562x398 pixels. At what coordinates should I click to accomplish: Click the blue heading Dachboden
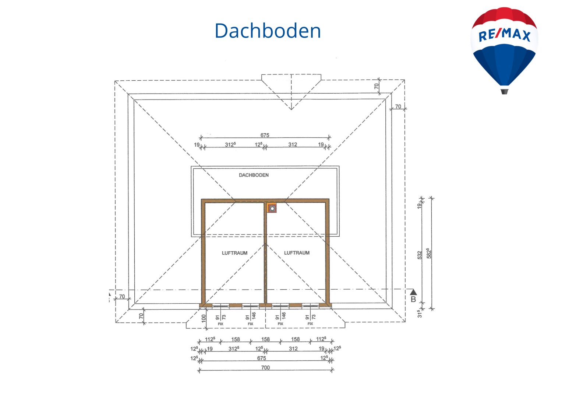pos(268,31)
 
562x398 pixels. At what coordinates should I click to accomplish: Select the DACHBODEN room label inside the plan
pos(254,175)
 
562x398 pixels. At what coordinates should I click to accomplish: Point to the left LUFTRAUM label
pos(234,253)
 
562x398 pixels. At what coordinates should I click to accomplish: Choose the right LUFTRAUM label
pos(297,253)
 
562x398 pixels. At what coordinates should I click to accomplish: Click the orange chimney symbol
pos(272,208)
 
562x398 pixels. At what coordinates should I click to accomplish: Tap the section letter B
pos(413,299)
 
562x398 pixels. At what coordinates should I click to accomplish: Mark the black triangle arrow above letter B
pos(413,292)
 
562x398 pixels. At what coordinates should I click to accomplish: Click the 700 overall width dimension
pos(265,368)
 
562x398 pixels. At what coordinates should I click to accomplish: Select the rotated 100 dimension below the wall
pos(204,318)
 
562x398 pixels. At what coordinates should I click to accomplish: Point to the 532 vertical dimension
pos(420,255)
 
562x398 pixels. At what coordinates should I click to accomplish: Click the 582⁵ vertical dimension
pos(429,253)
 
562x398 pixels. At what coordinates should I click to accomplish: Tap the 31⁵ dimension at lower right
pos(420,314)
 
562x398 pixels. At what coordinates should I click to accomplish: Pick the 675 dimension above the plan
pos(265,135)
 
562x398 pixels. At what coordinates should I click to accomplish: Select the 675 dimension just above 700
pos(261,358)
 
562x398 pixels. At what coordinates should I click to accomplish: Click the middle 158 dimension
pos(265,339)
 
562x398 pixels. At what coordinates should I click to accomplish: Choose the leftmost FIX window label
pos(220,324)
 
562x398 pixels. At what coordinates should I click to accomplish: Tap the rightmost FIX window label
pos(310,324)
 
